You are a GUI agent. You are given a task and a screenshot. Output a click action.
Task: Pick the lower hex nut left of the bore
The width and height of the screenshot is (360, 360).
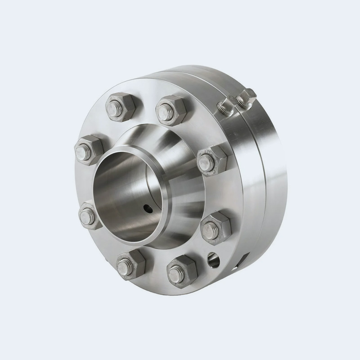(90, 216)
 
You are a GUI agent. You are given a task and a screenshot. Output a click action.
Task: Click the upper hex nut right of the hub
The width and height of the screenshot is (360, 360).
(211, 160)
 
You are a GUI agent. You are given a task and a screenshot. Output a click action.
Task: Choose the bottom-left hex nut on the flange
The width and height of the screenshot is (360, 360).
(130, 265)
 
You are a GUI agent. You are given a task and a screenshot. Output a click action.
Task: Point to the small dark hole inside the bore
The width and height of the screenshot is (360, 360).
(147, 207)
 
